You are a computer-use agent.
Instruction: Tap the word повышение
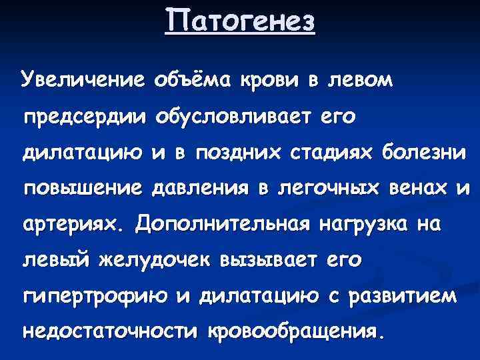(x=85, y=189)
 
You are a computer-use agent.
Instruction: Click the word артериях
(x=74, y=225)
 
